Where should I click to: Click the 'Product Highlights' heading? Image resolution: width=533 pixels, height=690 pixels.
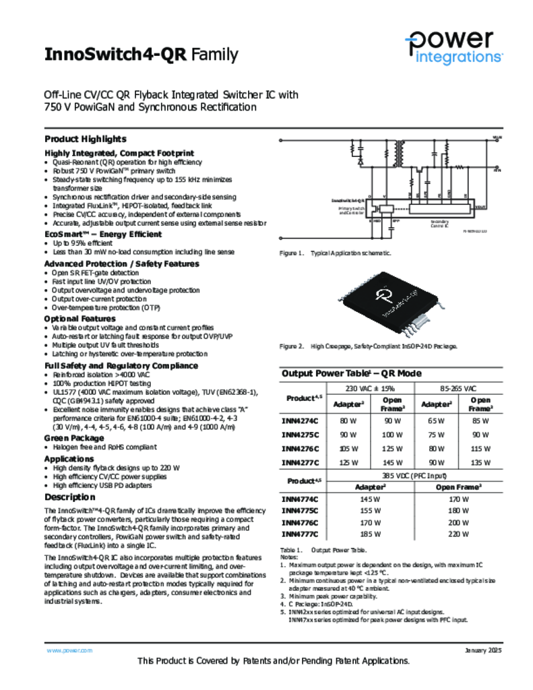(x=85, y=139)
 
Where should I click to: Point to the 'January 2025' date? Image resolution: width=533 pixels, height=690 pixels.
(x=483, y=650)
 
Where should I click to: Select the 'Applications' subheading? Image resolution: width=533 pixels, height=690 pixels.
(x=69, y=459)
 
